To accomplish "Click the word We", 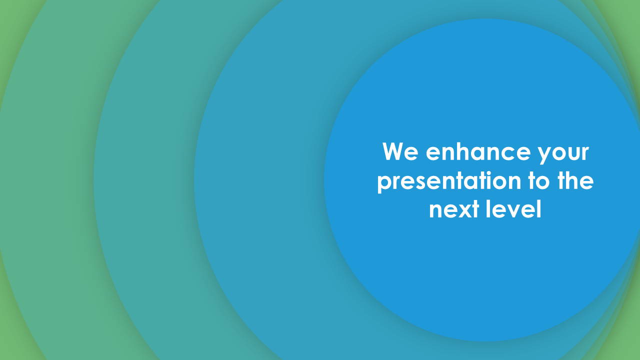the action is click(400, 151).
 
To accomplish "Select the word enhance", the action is click(478, 151).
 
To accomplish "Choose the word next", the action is click(454, 210).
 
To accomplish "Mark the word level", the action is click(513, 209).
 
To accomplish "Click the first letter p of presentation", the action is click(384, 185).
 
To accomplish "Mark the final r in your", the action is click(584, 153).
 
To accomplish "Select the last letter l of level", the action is click(539, 209).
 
